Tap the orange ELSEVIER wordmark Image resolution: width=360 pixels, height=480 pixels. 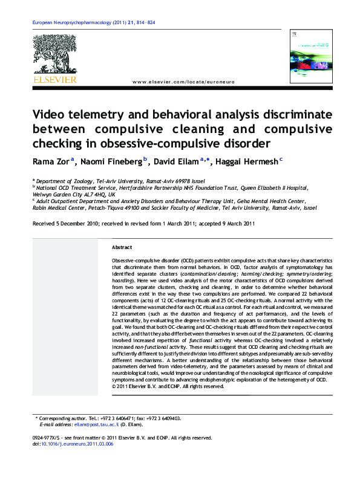[x=54, y=79]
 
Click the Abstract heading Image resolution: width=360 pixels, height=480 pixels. [x=122, y=248]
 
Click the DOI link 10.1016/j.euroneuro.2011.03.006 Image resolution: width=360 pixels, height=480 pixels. [x=77, y=444]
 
